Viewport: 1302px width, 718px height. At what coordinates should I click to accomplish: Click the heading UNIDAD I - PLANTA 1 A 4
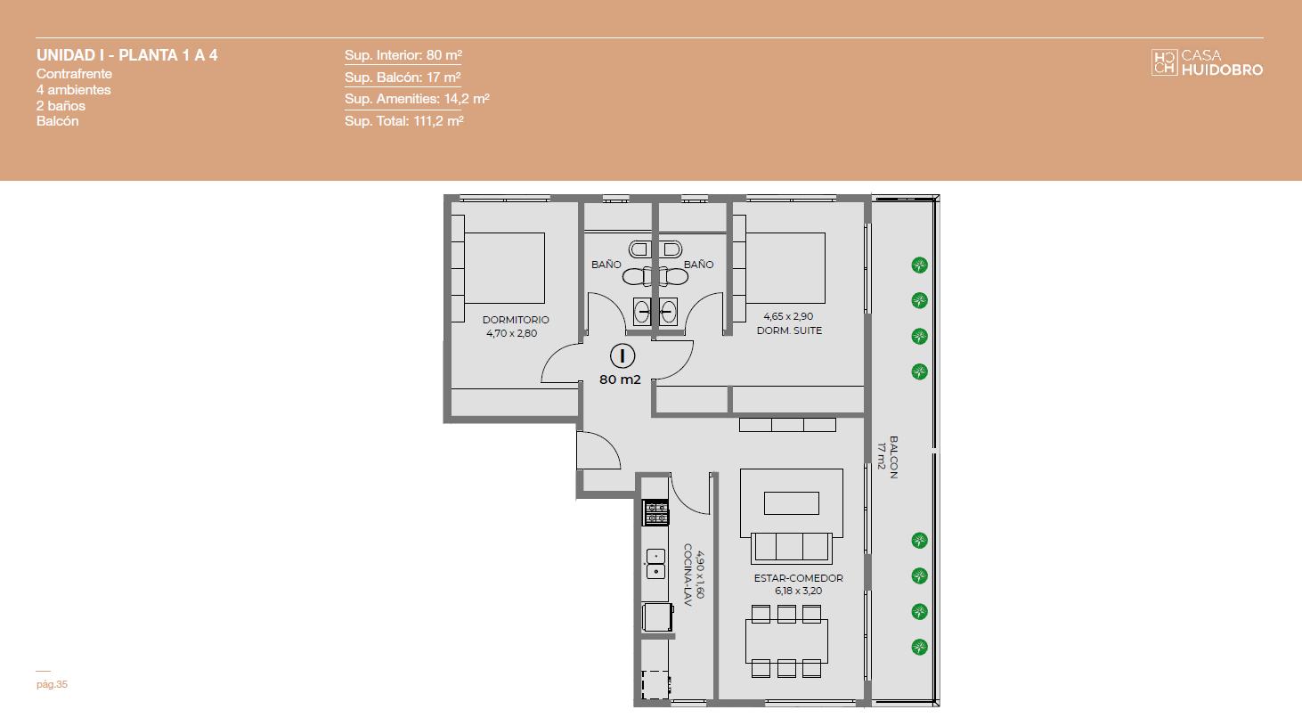point(126,55)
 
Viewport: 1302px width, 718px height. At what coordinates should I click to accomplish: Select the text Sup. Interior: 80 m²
point(403,55)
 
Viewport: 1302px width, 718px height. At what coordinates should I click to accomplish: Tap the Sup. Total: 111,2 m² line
point(403,121)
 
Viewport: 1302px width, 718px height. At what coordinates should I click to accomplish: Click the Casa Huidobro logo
point(1207,62)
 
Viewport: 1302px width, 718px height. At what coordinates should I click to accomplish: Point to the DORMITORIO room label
point(516,320)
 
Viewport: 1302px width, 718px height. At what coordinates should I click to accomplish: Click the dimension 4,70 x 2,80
point(511,333)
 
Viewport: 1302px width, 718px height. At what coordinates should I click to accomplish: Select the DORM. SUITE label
point(789,330)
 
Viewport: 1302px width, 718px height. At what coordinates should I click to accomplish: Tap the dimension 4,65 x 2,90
point(788,316)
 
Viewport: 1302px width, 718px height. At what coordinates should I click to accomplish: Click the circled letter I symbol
point(623,355)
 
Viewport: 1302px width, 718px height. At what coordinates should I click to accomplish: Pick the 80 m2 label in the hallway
point(620,379)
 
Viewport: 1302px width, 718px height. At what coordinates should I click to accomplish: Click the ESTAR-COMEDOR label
point(798,578)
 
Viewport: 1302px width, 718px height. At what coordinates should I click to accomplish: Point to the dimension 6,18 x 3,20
point(798,591)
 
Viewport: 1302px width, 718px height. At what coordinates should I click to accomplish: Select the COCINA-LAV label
point(688,575)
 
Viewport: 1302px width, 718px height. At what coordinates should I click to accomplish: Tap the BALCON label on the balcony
point(894,457)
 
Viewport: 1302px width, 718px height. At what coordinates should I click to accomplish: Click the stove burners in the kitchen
point(655,513)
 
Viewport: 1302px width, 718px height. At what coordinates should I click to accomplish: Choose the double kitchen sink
point(656,564)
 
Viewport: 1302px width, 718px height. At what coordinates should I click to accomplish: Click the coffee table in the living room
point(791,503)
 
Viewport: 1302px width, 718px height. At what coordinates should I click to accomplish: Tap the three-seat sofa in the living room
point(791,547)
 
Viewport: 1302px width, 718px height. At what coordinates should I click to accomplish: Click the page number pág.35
point(52,684)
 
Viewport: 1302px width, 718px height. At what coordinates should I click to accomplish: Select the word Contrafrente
point(74,74)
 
